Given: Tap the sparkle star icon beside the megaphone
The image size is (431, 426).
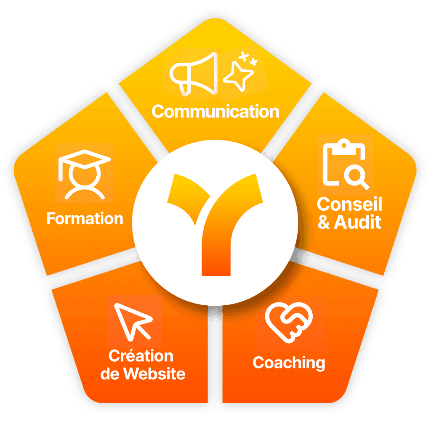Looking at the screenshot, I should click(x=238, y=76).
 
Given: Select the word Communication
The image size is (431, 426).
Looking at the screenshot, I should click(x=215, y=112).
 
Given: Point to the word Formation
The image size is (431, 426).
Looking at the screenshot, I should click(x=85, y=219).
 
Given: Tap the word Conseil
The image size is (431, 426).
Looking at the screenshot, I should click(x=349, y=204).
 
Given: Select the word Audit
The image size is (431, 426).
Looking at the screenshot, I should click(x=357, y=222).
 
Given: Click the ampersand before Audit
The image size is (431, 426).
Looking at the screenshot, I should click(x=324, y=222).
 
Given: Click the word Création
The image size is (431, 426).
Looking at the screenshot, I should click(x=141, y=356).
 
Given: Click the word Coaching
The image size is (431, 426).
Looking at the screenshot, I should click(x=289, y=363).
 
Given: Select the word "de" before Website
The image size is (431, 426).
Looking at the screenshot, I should click(x=110, y=374).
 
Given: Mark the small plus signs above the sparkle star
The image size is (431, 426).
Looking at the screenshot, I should click(x=247, y=59).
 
